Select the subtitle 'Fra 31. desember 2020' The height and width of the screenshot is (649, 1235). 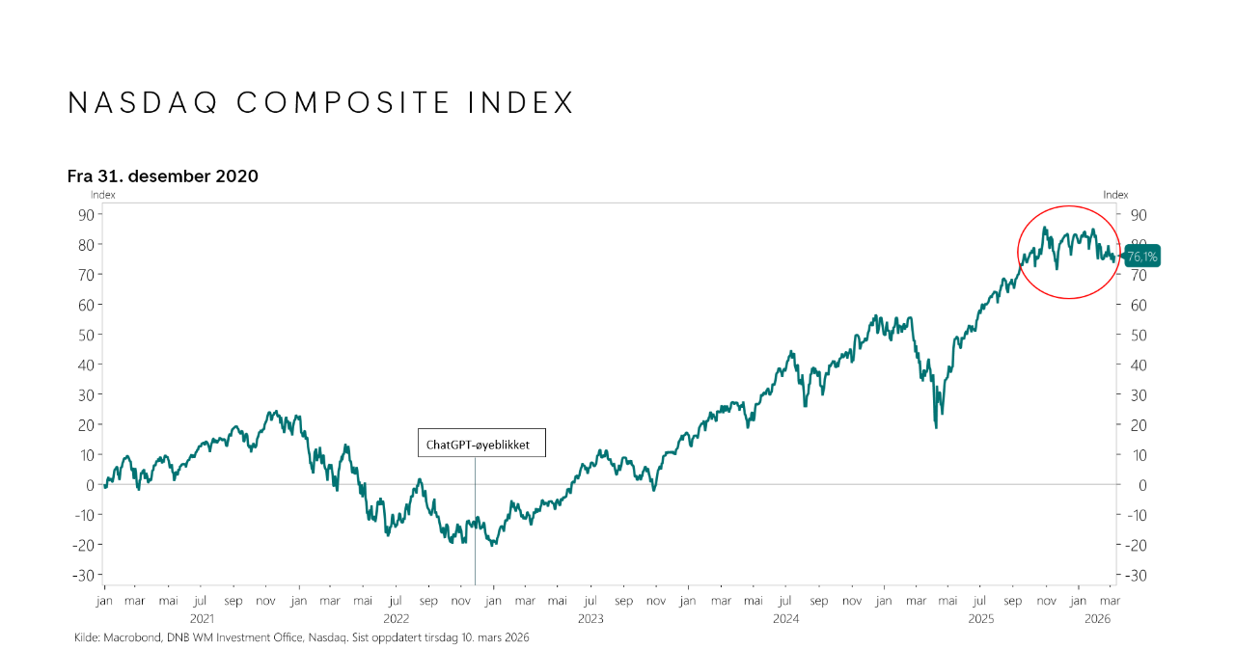click(162, 176)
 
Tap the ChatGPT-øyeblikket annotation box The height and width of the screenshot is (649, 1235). click(481, 445)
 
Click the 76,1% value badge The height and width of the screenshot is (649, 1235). click(1142, 257)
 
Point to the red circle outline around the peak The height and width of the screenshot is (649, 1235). click(1019, 253)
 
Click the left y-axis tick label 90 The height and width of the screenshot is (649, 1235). click(85, 214)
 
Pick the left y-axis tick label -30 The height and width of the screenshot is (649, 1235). click(82, 575)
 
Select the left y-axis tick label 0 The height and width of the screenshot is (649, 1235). click(89, 485)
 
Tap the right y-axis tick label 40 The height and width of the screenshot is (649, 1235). click(1138, 365)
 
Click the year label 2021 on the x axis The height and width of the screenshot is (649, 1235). click(202, 618)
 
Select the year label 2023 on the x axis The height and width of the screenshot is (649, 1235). click(590, 618)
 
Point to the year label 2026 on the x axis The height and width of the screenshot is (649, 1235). click(1098, 618)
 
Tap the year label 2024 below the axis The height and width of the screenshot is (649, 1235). click(785, 618)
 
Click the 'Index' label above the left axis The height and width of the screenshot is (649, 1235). click(103, 195)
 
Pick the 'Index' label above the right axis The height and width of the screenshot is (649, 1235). click(1115, 195)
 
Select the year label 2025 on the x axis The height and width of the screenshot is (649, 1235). click(980, 618)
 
